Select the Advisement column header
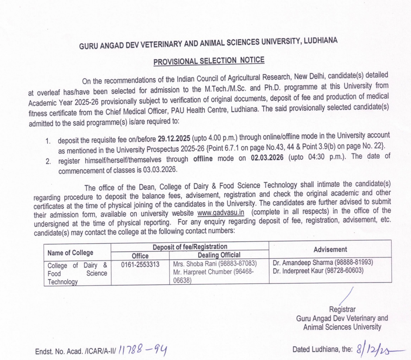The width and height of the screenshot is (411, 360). (x=330, y=249)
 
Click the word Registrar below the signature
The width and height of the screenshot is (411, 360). (x=342, y=310)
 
